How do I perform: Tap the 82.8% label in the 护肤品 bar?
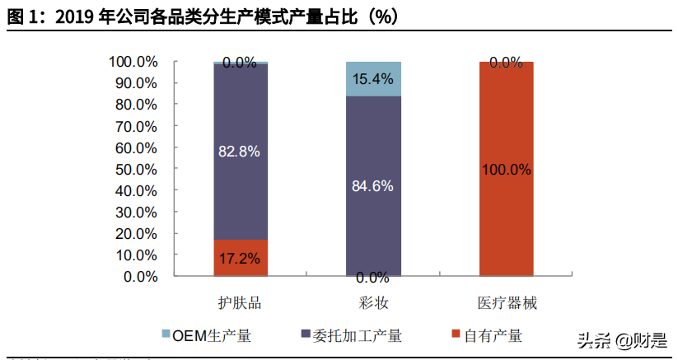(240, 151)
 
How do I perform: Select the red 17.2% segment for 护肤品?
(240, 258)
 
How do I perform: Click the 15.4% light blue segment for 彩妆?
(372, 79)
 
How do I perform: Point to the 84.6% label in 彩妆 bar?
(372, 185)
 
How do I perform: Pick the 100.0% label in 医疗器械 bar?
(506, 169)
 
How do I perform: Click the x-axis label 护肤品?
(240, 303)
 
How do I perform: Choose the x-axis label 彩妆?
(373, 303)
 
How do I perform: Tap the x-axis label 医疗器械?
(507, 303)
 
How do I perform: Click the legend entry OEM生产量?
(206, 335)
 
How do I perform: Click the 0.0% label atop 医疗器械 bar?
(506, 62)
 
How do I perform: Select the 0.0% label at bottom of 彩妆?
(372, 277)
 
